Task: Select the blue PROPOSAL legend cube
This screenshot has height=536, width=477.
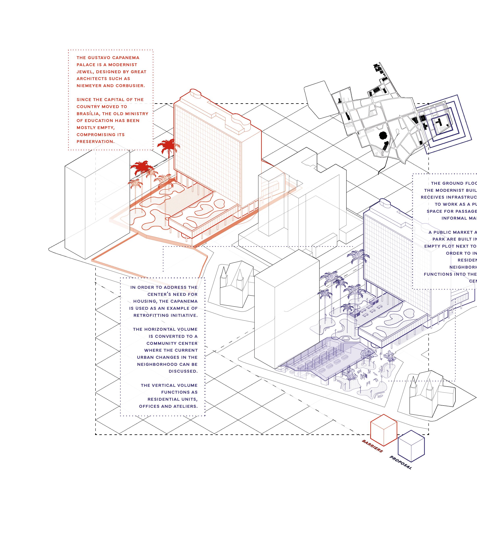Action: (411, 446)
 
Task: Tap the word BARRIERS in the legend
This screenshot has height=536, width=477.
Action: (372, 446)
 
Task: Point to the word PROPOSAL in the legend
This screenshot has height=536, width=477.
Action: (400, 462)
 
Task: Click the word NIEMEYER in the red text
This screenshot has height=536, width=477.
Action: (87, 86)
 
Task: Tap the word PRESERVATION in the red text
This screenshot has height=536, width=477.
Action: (95, 142)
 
